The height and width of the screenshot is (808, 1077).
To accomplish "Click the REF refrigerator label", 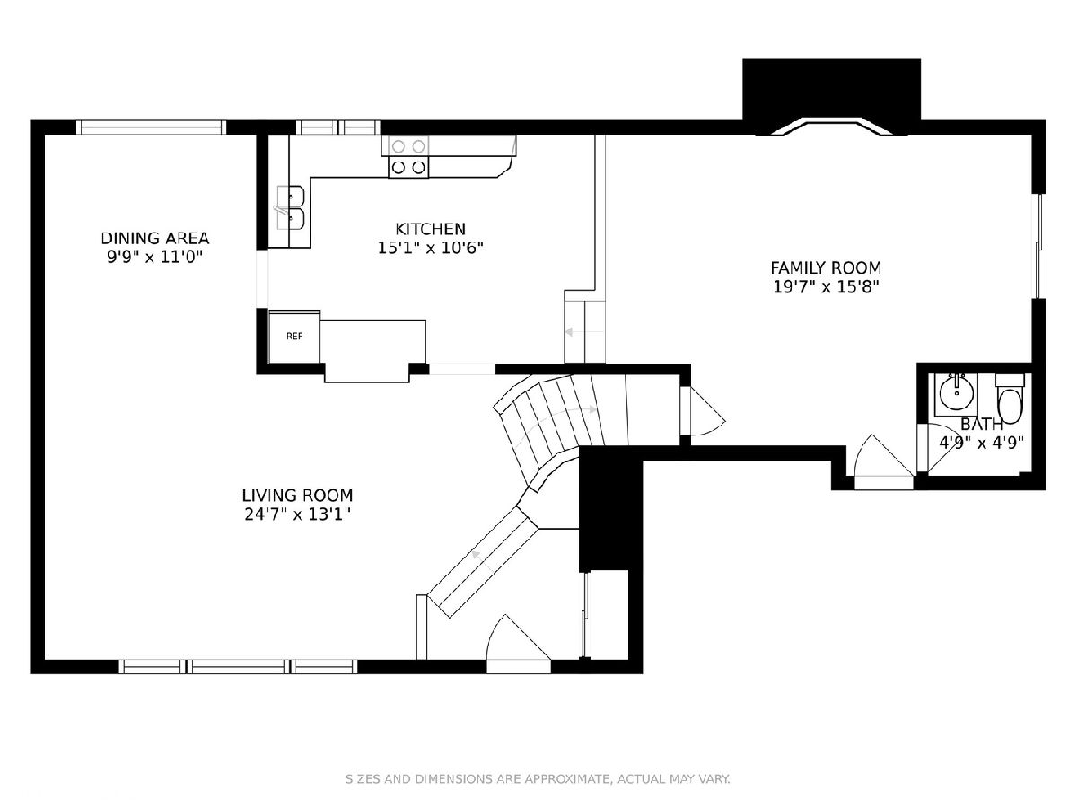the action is [x=294, y=337].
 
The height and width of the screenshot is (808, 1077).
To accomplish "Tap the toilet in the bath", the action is [x=1010, y=400].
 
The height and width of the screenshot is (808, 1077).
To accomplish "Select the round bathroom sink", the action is [x=956, y=393].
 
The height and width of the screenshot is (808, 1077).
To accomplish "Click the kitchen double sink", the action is [x=291, y=208].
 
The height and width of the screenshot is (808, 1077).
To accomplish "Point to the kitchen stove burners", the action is [x=408, y=157].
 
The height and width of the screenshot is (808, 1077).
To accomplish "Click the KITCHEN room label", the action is [x=430, y=229].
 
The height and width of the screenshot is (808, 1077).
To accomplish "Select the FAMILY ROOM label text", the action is [x=826, y=268].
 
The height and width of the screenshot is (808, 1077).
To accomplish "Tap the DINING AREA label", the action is [x=155, y=239].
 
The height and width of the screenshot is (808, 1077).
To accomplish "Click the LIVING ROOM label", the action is [x=297, y=496].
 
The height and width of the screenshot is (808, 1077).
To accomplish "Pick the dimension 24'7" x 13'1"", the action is [x=298, y=514].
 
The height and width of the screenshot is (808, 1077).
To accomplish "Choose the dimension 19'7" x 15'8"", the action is [x=826, y=286].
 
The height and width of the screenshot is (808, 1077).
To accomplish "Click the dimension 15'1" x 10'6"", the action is [x=430, y=248].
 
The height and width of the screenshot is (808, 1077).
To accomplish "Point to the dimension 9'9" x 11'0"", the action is [x=155, y=257].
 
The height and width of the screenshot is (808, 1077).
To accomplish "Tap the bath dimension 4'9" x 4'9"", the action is [x=981, y=443].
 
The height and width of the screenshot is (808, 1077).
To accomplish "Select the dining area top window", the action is [x=151, y=127].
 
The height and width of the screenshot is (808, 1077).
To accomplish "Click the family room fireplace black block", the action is [x=831, y=93].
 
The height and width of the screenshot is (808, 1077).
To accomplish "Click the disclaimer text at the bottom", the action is [x=538, y=779].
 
